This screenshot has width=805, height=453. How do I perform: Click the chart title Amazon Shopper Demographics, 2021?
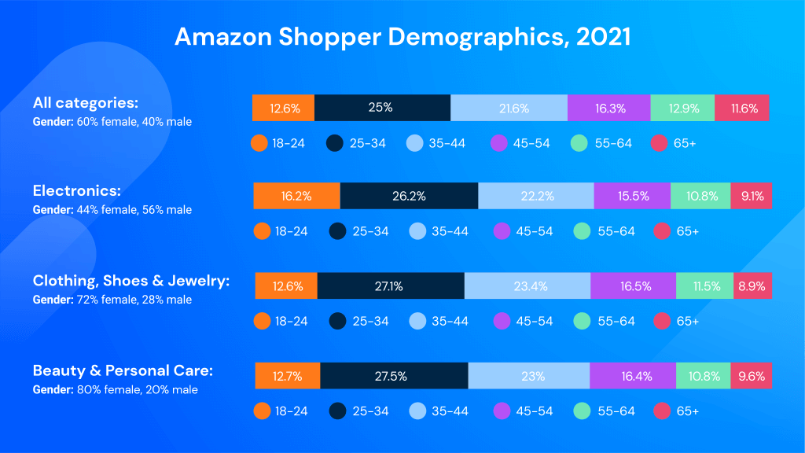[402, 37]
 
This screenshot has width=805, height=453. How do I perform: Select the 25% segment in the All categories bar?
[382, 108]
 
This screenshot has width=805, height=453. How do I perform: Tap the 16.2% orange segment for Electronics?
[296, 196]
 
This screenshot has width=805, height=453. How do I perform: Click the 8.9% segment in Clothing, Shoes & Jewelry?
[752, 286]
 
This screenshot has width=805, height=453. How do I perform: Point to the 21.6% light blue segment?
[509, 108]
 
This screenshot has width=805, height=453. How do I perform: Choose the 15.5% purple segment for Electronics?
[632, 196]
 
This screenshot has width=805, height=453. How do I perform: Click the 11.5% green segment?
[704, 286]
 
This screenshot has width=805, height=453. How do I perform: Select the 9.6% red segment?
[750, 376]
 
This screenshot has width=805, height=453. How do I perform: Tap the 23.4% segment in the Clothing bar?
[527, 286]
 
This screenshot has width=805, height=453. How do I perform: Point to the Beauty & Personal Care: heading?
[123, 370]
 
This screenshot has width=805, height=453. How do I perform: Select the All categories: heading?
[85, 102]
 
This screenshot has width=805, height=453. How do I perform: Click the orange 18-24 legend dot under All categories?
[260, 143]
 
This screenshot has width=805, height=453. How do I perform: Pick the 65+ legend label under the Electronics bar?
[688, 231]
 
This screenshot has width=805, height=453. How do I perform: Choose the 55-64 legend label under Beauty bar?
[615, 411]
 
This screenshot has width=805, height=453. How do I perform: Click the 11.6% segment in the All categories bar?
[742, 108]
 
